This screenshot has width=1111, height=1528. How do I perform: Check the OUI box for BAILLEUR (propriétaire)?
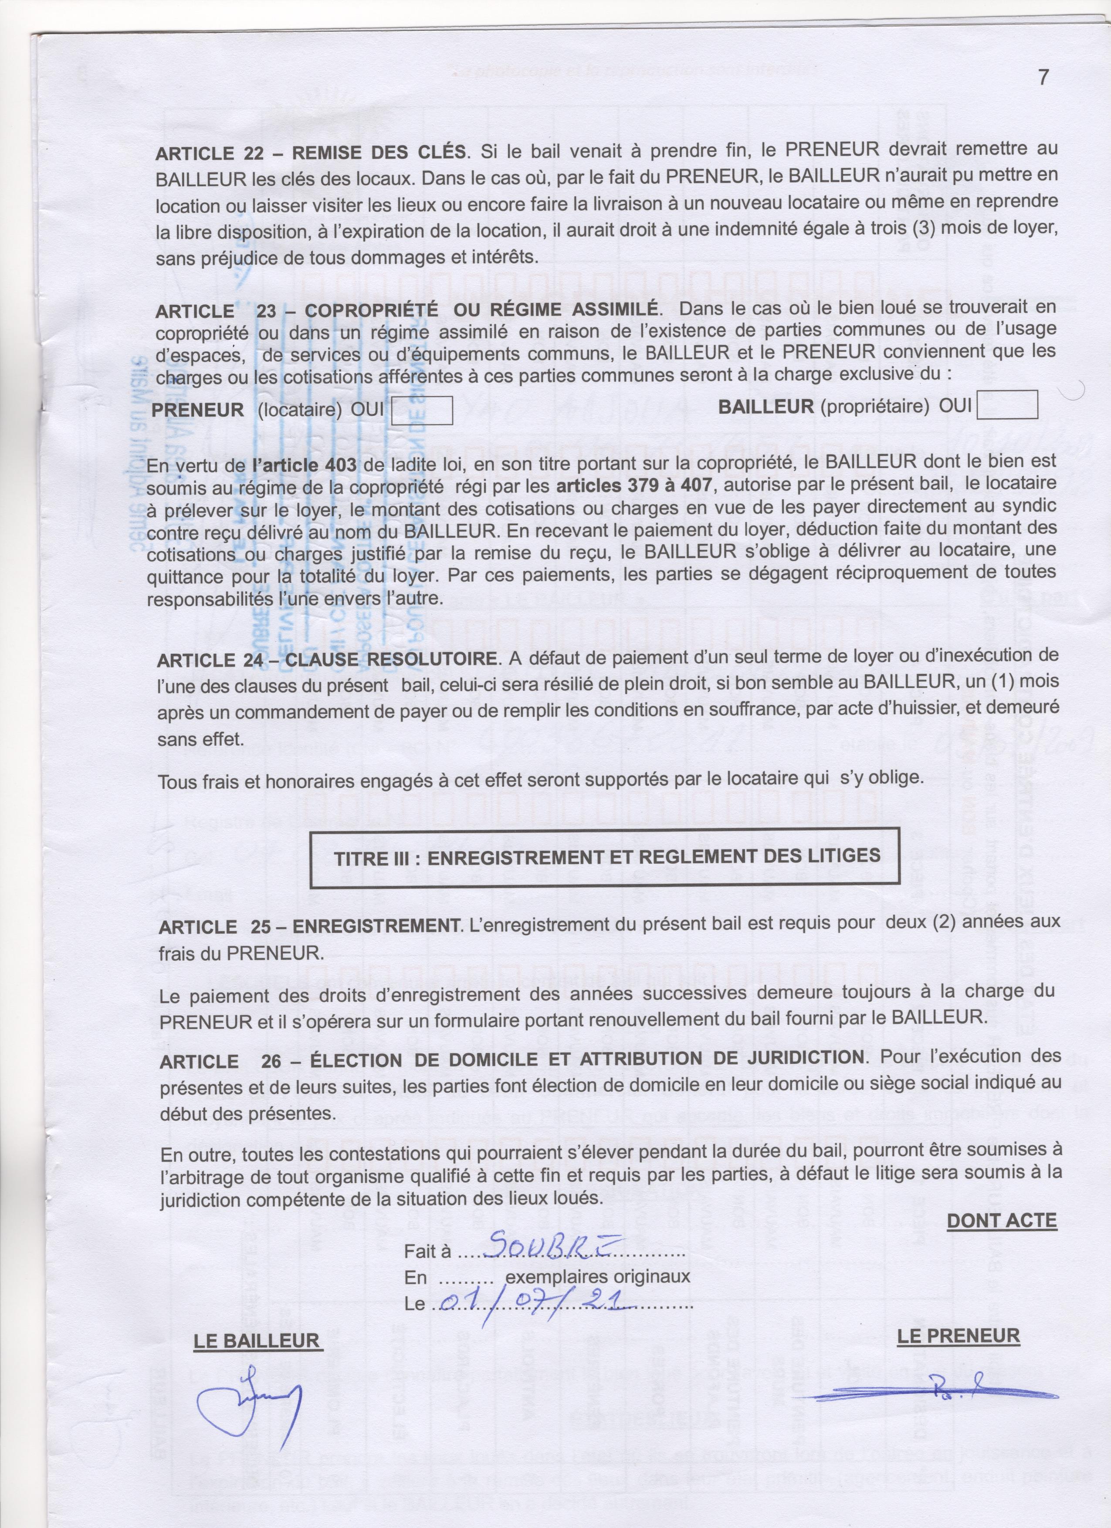coord(1007,406)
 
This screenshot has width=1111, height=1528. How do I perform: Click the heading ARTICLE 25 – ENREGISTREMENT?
coord(309,927)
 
